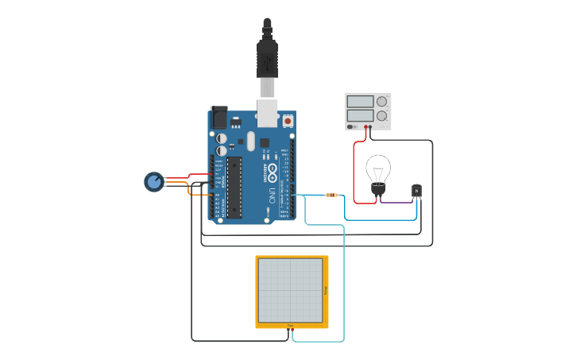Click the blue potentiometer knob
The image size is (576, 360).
pos(153,182)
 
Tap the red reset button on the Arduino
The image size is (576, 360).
pos(288,121)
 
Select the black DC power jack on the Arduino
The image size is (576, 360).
pos(218,117)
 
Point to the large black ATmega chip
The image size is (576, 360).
pos(234,186)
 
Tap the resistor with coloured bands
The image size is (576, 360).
pos(331,195)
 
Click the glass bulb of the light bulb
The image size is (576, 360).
pos(378,168)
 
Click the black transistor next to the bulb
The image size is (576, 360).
pos(416,191)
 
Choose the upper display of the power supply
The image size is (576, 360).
pos(360,102)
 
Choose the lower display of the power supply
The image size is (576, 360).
pos(360,116)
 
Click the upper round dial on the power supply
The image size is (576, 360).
pos(382,102)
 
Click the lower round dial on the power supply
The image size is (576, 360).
pos(382,116)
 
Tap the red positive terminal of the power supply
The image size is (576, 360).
pos(366,127)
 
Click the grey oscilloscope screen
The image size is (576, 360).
pos(291,291)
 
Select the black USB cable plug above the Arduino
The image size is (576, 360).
pos(267,60)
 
